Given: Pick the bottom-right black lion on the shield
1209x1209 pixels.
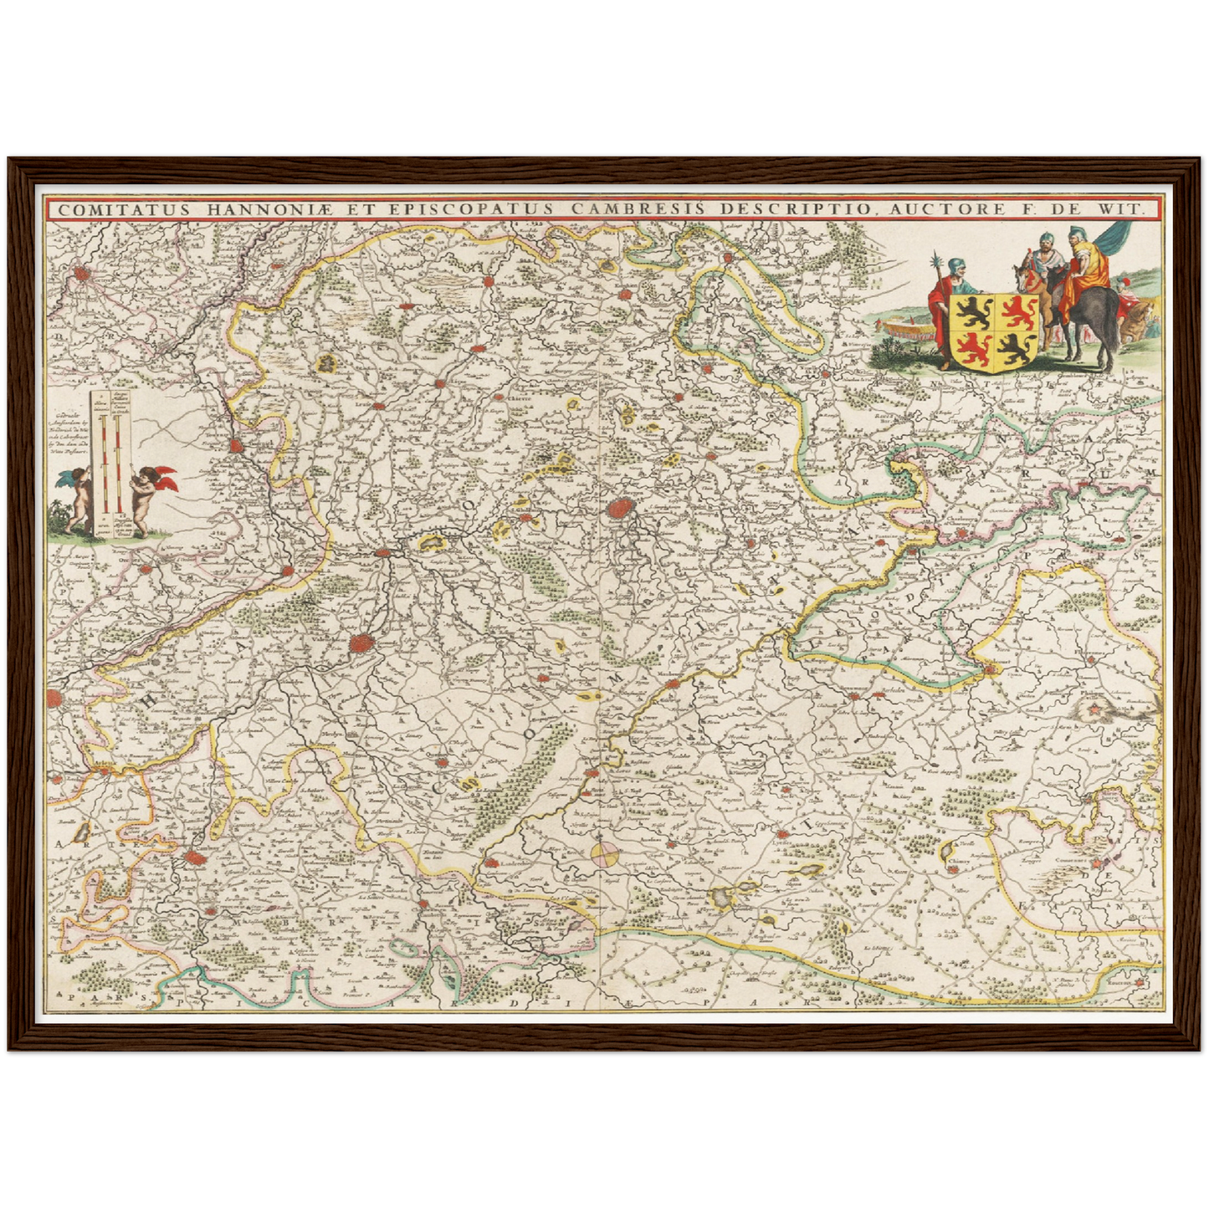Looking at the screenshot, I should [1013, 346].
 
